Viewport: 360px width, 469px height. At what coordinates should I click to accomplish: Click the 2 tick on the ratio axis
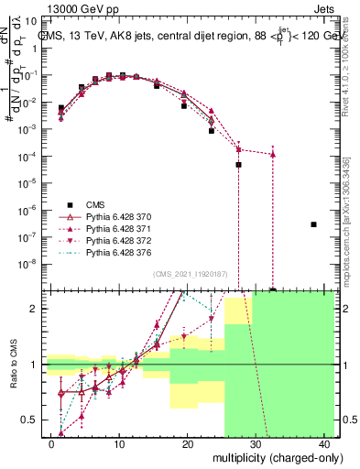tap(36, 309)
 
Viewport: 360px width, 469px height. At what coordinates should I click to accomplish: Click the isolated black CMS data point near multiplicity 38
tap(313, 224)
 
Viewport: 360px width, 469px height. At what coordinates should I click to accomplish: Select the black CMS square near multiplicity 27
tap(238, 165)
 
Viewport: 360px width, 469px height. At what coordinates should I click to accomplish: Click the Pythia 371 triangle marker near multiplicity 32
tap(272, 154)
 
